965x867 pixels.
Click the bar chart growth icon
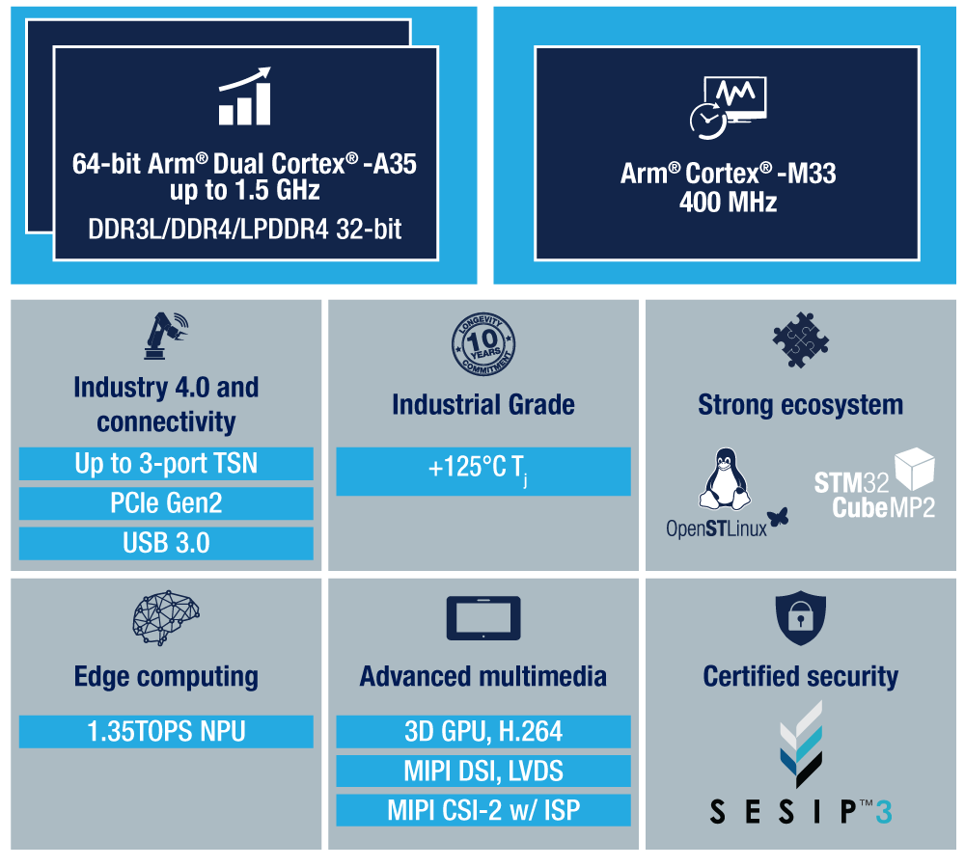pos(244,97)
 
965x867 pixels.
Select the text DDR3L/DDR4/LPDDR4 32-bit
pos(245,230)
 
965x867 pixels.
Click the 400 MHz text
pos(728,203)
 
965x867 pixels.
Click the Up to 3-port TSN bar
pos(166,464)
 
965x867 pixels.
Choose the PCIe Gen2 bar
pos(166,503)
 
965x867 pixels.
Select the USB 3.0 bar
pos(166,543)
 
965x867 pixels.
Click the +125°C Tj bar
pos(482,471)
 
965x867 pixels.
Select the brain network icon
pos(165,619)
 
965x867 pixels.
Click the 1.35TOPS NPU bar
pos(166,731)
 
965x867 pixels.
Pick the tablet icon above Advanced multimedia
pos(482,618)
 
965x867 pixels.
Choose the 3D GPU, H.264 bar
pos(482,731)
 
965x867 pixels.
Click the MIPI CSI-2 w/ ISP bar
pos(482,810)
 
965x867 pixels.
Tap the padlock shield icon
pos(800,619)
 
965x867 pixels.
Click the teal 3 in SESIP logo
pos(883,812)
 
